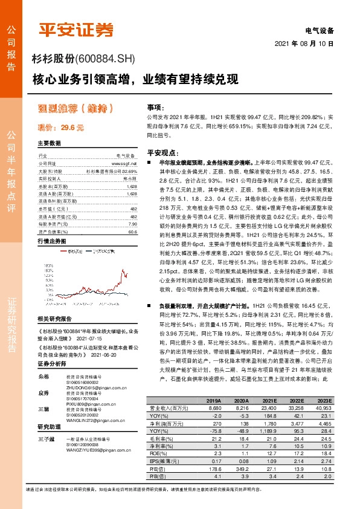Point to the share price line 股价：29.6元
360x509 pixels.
coord(60,128)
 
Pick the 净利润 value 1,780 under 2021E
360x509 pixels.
coord(269,426)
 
